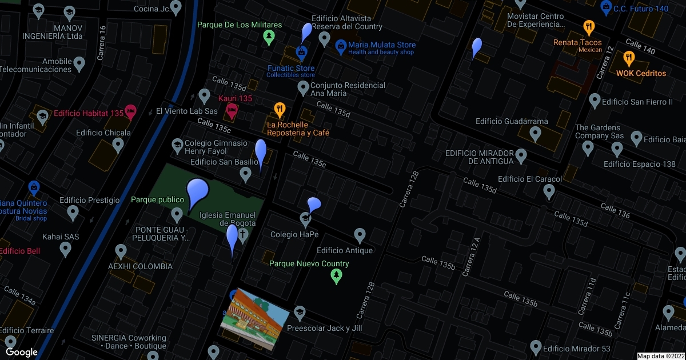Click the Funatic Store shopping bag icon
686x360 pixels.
point(301,53)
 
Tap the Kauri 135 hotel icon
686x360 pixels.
point(232,111)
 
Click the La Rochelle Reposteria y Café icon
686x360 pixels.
point(279,109)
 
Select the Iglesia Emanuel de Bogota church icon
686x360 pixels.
point(242,235)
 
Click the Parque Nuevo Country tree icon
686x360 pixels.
point(337,277)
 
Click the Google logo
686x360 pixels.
point(22,352)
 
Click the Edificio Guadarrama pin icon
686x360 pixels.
point(536,135)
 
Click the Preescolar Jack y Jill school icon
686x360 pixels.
point(298,312)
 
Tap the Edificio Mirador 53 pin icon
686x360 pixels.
point(536,347)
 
